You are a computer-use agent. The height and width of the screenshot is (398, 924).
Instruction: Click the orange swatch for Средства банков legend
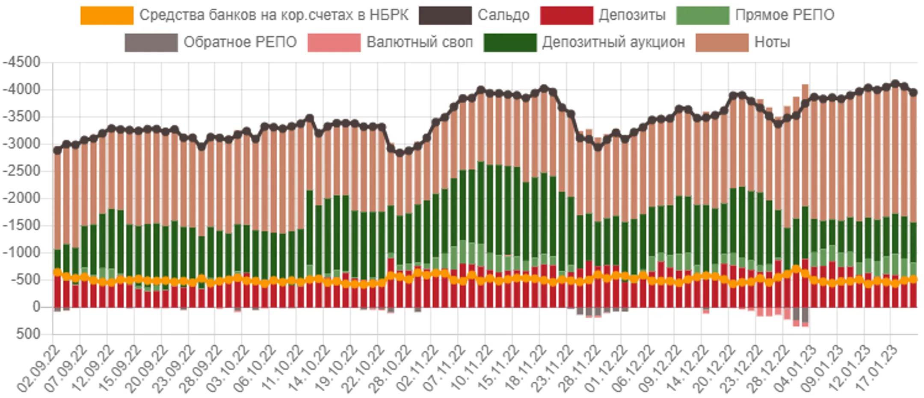[107, 15]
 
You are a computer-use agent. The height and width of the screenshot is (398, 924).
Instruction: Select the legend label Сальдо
[503, 15]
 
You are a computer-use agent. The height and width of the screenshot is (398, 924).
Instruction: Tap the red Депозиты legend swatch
[566, 15]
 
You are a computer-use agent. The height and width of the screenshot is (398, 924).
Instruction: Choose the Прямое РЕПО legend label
[785, 15]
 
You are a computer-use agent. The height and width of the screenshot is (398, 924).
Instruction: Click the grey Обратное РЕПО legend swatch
[151, 42]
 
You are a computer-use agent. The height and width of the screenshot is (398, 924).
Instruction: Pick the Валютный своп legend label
[420, 42]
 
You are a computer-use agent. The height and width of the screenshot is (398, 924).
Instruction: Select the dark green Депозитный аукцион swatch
[510, 42]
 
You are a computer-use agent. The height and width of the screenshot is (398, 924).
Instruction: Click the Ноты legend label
[772, 42]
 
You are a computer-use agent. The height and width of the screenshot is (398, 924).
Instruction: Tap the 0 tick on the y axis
[36, 307]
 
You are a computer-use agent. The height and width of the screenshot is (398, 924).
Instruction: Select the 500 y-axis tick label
[28, 334]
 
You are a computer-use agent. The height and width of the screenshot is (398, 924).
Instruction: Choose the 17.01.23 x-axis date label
[875, 369]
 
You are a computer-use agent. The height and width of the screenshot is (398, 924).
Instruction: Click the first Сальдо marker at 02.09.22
[57, 150]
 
